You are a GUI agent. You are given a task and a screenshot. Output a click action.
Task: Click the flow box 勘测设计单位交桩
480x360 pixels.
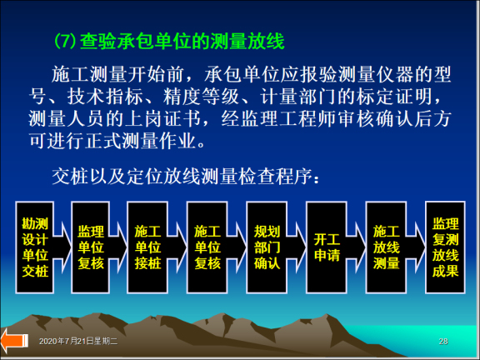[36, 247]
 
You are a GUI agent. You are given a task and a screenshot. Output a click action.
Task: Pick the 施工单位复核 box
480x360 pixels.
[207, 247]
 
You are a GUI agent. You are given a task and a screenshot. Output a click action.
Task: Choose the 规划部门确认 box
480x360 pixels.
[267, 247]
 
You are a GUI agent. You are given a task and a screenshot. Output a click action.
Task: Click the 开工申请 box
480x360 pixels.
[326, 247]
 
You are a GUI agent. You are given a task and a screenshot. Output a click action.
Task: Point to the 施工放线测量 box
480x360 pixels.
[386, 247]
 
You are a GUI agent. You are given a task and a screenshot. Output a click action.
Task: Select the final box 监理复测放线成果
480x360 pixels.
[445, 247]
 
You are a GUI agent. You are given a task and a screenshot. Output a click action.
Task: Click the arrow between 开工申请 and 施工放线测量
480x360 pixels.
[356, 247]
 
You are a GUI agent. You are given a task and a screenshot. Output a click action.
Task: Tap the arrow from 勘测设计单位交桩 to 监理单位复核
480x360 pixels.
[64, 247]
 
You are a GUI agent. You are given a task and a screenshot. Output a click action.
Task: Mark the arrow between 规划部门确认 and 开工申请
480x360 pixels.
[297, 247]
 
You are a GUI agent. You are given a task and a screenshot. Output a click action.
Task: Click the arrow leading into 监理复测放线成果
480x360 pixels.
[416, 247]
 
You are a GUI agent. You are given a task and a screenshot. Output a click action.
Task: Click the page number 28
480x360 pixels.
[442, 342]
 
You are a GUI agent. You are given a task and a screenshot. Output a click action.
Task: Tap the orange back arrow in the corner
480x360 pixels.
[14, 341]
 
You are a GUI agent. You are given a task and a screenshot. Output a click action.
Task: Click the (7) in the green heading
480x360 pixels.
[64, 39]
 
